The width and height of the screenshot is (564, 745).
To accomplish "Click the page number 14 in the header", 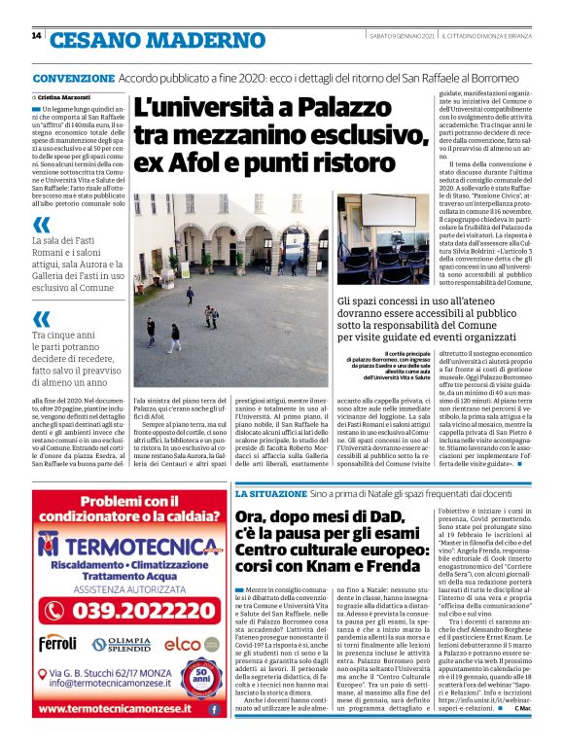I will [x=36, y=36].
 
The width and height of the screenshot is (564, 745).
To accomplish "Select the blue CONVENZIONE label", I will [x=73, y=78].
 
